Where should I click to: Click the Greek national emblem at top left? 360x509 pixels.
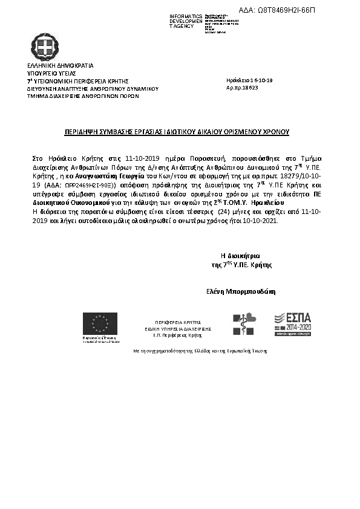click(x=45, y=47)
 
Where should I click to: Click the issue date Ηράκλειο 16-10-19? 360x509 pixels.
click(x=249, y=80)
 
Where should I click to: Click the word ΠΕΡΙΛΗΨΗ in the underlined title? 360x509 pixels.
click(x=82, y=131)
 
